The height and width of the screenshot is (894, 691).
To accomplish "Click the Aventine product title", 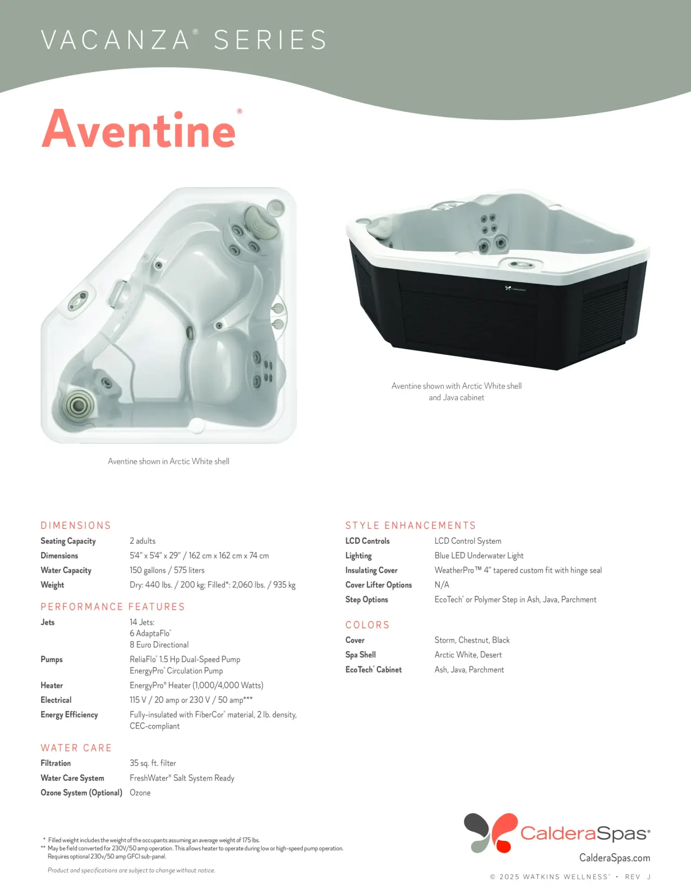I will tap(139, 129).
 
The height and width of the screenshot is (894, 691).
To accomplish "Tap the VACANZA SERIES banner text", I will tap(183, 40).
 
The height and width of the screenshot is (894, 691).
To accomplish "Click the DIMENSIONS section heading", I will tap(76, 526).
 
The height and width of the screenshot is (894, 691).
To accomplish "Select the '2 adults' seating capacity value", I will tap(142, 541).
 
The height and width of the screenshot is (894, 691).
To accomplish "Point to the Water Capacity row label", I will tap(66, 570).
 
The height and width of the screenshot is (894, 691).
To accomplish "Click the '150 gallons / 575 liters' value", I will tap(167, 570).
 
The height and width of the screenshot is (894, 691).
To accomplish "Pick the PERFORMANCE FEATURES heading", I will tap(113, 607).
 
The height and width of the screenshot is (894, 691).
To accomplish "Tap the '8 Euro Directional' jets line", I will tap(159, 645).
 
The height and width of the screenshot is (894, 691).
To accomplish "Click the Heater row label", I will tap(52, 685).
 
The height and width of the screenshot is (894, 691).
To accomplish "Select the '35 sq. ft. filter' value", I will tap(153, 763).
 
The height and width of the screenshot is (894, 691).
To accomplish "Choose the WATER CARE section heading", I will tap(76, 748).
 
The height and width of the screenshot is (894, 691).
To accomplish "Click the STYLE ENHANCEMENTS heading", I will tap(410, 526).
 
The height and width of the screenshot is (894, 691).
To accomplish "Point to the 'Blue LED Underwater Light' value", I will tap(479, 555).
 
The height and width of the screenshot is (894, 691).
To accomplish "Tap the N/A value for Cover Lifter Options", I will tap(441, 585).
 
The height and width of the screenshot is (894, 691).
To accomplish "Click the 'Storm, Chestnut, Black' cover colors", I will tap(472, 640).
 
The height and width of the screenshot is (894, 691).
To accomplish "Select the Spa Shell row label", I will tap(360, 655).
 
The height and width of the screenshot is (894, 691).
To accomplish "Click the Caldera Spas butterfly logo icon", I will tap(490, 833).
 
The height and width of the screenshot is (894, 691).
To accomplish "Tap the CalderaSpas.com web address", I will tap(614, 858).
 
